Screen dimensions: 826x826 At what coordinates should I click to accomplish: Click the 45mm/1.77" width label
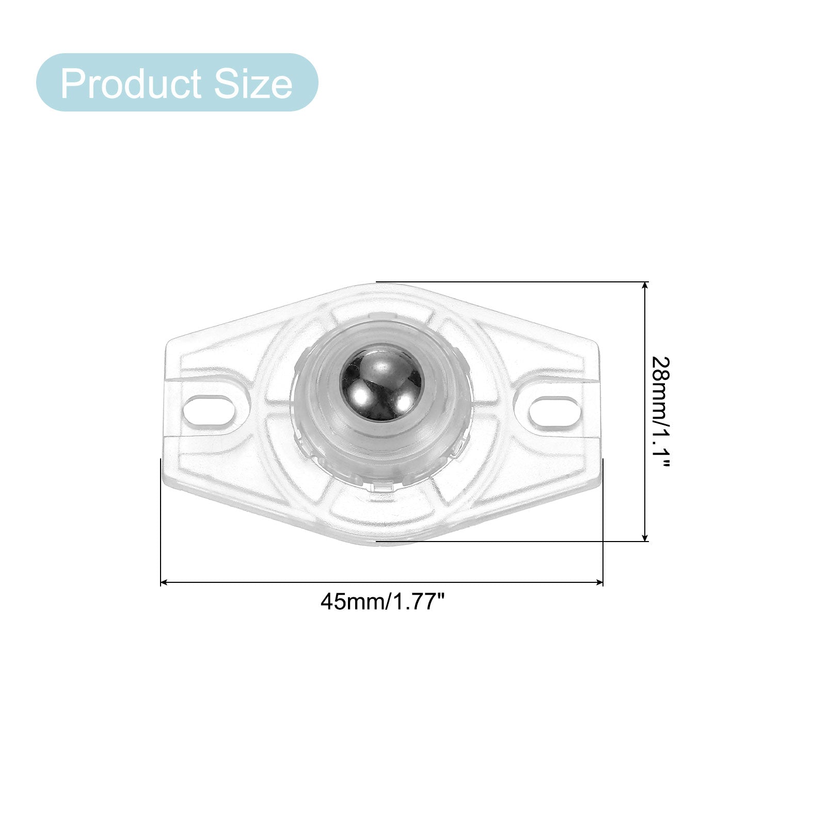(x=383, y=601)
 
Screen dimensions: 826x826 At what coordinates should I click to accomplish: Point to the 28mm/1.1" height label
(x=659, y=411)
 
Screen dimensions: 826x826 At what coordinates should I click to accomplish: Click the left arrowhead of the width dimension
(x=164, y=582)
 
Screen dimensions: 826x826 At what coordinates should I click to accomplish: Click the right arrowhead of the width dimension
(x=600, y=582)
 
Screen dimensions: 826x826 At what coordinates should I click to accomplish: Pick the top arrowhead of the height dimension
(x=645, y=285)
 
